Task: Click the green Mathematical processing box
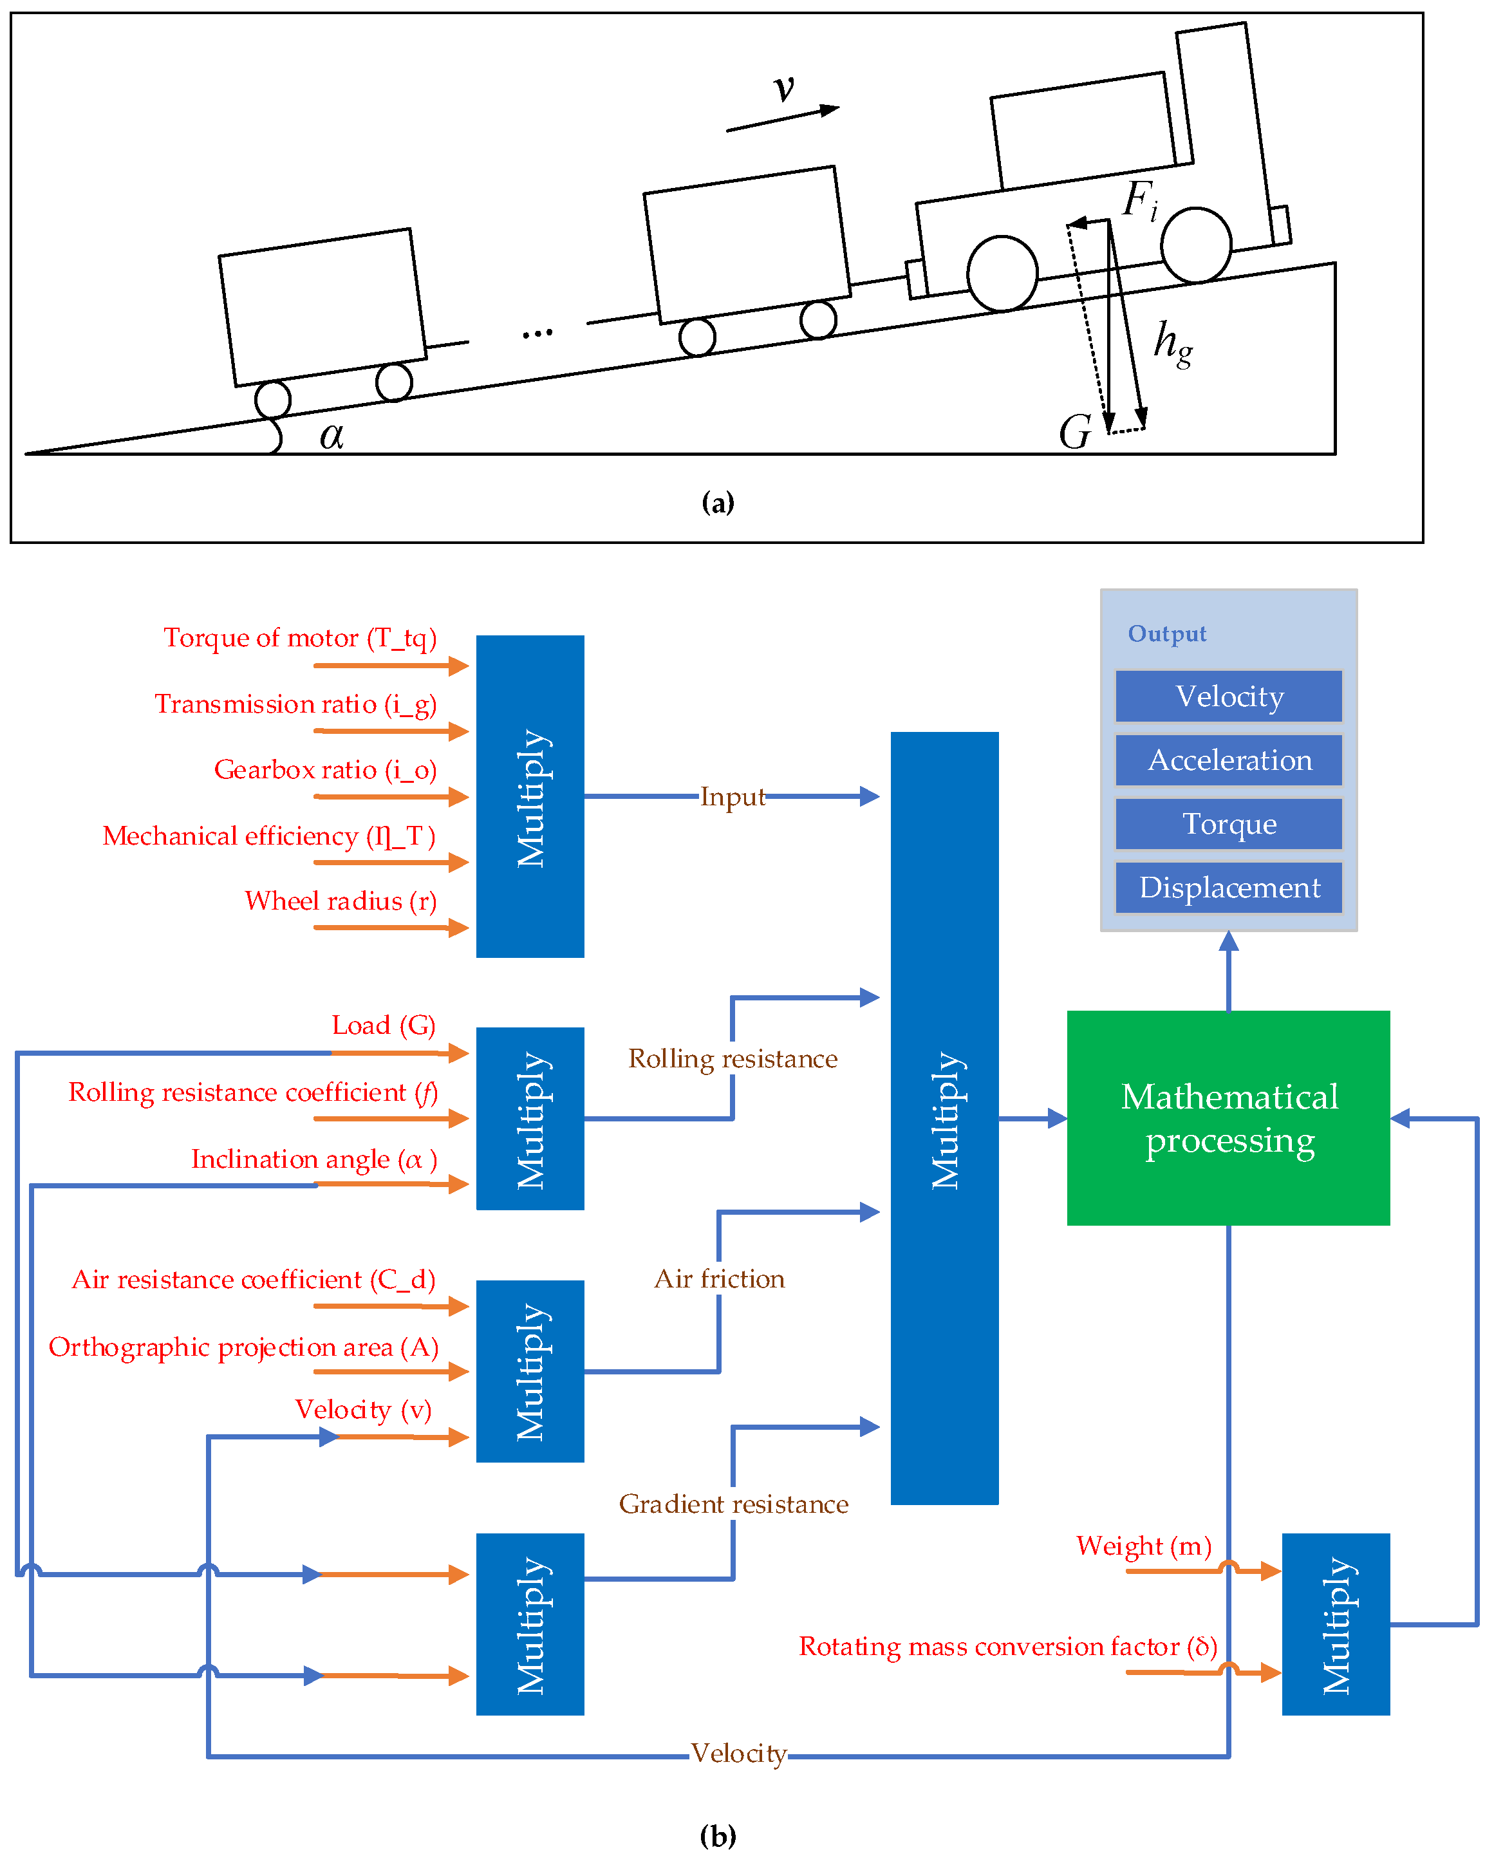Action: click(x=1228, y=1118)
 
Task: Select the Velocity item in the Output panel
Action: click(x=1228, y=696)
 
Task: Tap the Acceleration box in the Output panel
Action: click(x=1228, y=760)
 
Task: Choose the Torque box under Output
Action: click(x=1228, y=823)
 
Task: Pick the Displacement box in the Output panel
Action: click(x=1228, y=888)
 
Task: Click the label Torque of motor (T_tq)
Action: click(x=300, y=638)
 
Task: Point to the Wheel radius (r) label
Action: click(x=341, y=901)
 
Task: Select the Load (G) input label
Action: click(x=383, y=1025)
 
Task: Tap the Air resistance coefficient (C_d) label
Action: click(x=253, y=1279)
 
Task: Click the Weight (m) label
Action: click(x=1143, y=1545)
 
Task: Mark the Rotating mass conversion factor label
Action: click(x=1007, y=1646)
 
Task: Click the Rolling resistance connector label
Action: click(x=733, y=1058)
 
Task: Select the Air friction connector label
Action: click(x=720, y=1279)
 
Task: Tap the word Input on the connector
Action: click(x=732, y=796)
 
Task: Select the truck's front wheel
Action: click(x=1196, y=245)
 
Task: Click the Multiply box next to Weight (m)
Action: click(x=1335, y=1625)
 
